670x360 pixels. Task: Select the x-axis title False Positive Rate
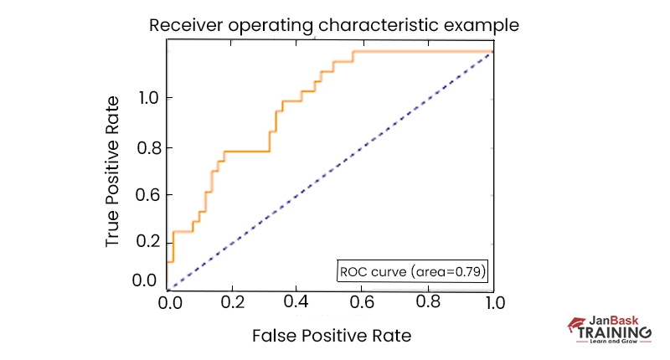pos(332,337)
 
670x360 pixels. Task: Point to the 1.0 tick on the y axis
pos(151,99)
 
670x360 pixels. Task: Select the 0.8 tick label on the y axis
pos(151,148)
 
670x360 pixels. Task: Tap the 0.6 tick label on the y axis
pos(151,194)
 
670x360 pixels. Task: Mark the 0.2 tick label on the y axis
pos(151,242)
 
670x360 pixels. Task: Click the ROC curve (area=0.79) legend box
pos(412,271)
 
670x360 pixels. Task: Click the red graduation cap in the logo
pos(575,323)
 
